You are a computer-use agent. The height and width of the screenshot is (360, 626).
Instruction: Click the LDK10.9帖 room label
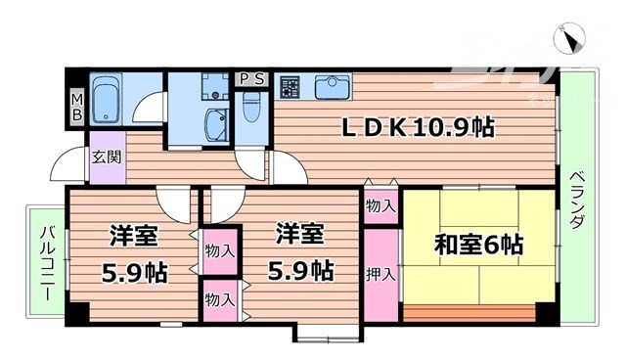[417, 126]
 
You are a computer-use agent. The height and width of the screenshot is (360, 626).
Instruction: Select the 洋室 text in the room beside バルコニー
[134, 234]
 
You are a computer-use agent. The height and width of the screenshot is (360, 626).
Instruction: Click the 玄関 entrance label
[106, 156]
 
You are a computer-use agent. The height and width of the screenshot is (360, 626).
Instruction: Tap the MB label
[76, 107]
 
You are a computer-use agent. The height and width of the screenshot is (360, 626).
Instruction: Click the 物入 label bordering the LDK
[381, 206]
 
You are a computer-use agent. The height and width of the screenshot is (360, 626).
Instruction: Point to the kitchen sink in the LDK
[334, 87]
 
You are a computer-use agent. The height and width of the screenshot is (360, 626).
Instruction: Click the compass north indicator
[571, 39]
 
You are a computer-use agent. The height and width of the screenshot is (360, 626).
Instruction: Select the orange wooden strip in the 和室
[469, 314]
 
